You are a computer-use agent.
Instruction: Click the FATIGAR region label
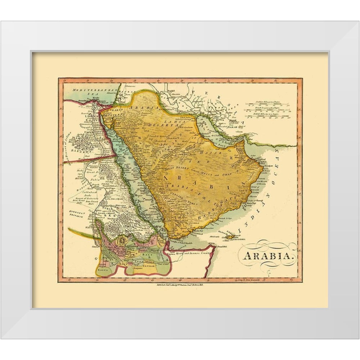click(152, 265)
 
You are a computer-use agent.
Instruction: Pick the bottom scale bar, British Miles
click(267, 116)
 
